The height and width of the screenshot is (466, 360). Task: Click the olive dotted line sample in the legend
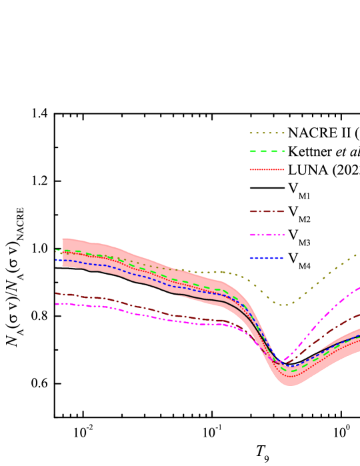pyautogui.click(x=267, y=133)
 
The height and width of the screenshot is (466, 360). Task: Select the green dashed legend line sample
pyautogui.click(x=267, y=151)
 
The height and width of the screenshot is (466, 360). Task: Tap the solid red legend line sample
pyautogui.click(x=267, y=169)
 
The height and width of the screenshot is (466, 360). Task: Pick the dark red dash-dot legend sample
pyautogui.click(x=267, y=211)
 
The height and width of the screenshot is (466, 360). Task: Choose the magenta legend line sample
pyautogui.click(x=267, y=235)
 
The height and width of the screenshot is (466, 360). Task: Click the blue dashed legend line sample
pyautogui.click(x=267, y=258)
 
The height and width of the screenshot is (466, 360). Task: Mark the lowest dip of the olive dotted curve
pyautogui.click(x=284, y=305)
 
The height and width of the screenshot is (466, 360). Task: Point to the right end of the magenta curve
pyautogui.click(x=359, y=288)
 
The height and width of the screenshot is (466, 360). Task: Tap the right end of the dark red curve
pyautogui.click(x=359, y=315)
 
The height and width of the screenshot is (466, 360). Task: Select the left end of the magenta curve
pyautogui.click(x=56, y=304)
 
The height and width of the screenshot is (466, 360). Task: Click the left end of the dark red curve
pyautogui.click(x=56, y=293)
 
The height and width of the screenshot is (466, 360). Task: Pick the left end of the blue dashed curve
pyautogui.click(x=56, y=260)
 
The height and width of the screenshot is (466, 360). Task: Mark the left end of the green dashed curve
pyautogui.click(x=56, y=250)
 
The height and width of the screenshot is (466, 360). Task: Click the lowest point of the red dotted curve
pyautogui.click(x=291, y=377)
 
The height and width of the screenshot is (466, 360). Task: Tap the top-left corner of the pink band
pyautogui.click(x=63, y=238)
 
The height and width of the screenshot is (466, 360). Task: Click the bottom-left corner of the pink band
pyautogui.click(x=63, y=266)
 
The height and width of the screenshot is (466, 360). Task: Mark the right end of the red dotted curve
pyautogui.click(x=359, y=341)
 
